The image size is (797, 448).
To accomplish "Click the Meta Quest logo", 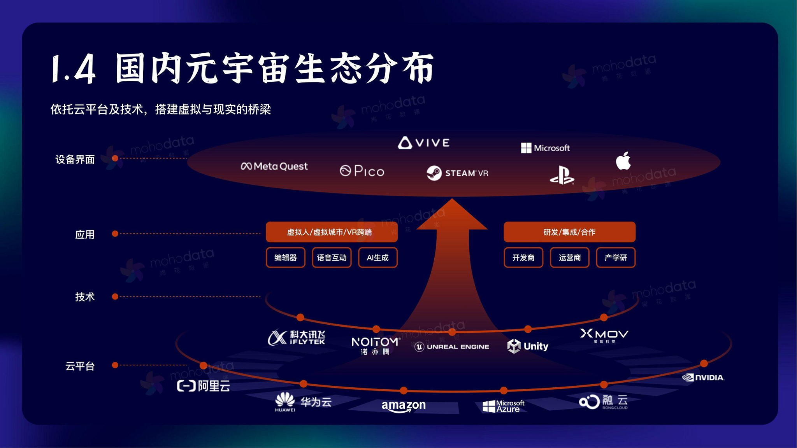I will pyautogui.click(x=274, y=166).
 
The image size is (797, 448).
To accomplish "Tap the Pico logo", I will pyautogui.click(x=362, y=171).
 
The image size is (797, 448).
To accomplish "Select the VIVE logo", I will pyautogui.click(x=424, y=143).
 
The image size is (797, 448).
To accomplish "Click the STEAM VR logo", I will pyautogui.click(x=457, y=173).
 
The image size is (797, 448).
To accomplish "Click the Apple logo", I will pyautogui.click(x=623, y=161).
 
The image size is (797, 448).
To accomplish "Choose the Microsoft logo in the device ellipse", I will pyautogui.click(x=545, y=148).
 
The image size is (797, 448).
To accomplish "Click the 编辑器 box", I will pyautogui.click(x=286, y=257).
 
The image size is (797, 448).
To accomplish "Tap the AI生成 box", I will pyautogui.click(x=377, y=257).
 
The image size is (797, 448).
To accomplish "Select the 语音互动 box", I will pyautogui.click(x=332, y=257).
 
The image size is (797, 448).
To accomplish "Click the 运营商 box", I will pyautogui.click(x=569, y=257).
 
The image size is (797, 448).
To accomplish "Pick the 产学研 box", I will pyautogui.click(x=616, y=257).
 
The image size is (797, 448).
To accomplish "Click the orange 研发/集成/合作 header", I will pyautogui.click(x=569, y=232).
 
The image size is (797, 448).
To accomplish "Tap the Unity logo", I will pyautogui.click(x=528, y=346).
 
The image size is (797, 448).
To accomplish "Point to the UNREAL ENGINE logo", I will pyautogui.click(x=452, y=346).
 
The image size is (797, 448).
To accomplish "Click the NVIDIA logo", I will pyautogui.click(x=703, y=377).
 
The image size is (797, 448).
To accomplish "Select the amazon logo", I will pyautogui.click(x=404, y=406).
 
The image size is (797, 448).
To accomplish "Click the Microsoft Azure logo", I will pyautogui.click(x=503, y=406).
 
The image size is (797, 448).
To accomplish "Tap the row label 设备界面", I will pyautogui.click(x=75, y=159).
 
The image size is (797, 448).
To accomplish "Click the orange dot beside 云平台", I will pyautogui.click(x=115, y=365).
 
